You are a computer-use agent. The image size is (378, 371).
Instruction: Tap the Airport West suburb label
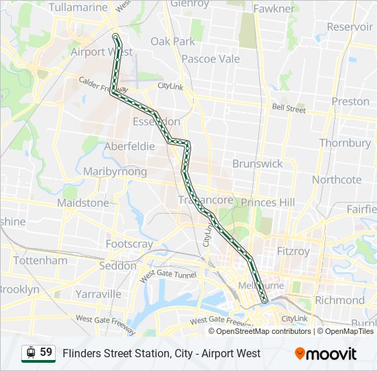102,52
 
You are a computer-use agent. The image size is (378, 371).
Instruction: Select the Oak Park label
173,41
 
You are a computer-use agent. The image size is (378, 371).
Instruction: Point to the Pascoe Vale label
210,59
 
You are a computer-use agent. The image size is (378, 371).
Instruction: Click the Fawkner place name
274,9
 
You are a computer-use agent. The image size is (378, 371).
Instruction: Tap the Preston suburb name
351,101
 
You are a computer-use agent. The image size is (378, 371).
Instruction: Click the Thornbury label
345,143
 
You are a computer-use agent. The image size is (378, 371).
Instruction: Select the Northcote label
336,179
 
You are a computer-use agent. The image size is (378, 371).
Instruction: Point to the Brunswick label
257,164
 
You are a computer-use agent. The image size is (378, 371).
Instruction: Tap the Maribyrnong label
115,171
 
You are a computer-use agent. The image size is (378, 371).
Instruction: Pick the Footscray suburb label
129,244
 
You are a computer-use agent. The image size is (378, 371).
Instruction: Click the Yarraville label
98,294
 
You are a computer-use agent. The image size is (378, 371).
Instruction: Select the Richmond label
340,300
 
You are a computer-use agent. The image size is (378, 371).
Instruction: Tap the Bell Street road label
289,109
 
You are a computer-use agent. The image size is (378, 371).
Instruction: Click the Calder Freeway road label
103,84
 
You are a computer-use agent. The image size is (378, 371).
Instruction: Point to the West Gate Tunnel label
168,276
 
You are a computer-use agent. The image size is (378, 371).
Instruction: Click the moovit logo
326,354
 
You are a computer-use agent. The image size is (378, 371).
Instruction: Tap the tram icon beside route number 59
30,353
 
